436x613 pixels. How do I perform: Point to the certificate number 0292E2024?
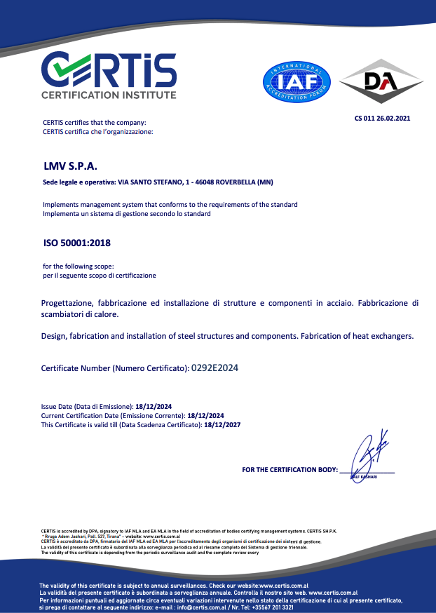pyautogui.click(x=219, y=367)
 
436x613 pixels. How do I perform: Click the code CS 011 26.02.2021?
pyautogui.click(x=382, y=118)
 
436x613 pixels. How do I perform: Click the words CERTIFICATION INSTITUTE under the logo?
pyautogui.click(x=109, y=95)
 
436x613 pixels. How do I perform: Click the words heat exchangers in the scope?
pyautogui.click(x=384, y=336)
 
